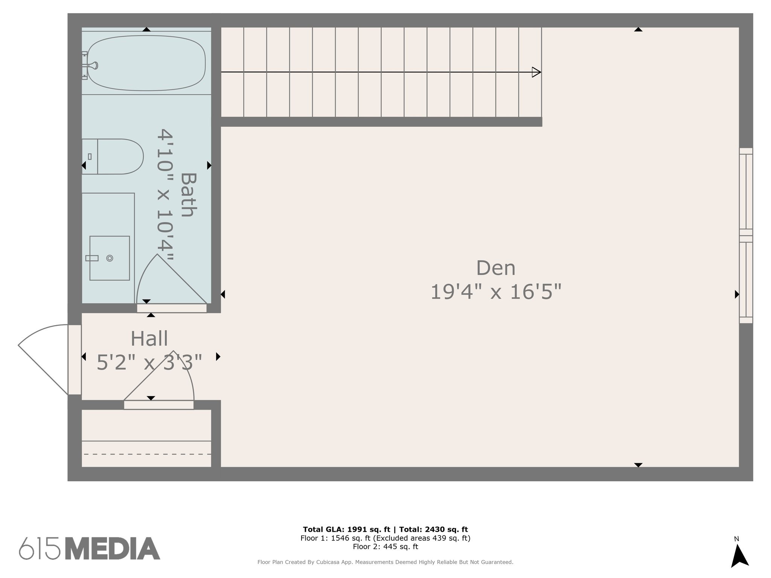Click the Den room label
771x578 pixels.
click(495, 268)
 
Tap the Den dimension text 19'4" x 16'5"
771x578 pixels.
click(495, 292)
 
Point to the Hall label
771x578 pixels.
click(149, 339)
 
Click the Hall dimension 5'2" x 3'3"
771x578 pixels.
click(149, 362)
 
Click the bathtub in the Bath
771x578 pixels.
click(146, 63)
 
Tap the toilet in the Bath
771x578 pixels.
click(113, 157)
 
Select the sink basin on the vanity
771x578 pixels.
click(110, 258)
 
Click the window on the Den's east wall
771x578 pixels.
click(746, 236)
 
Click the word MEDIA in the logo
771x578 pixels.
click(113, 548)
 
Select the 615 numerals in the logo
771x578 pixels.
click(40, 548)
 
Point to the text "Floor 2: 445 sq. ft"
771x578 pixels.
click(385, 546)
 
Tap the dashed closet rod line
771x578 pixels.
click(147, 454)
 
